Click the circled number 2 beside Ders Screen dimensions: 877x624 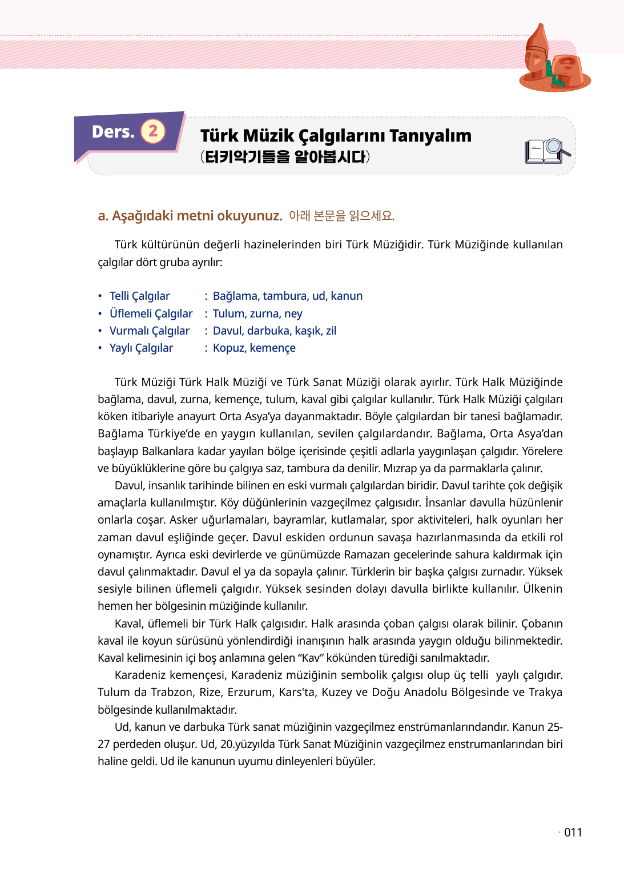point(153,131)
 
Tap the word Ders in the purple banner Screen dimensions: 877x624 point(112,132)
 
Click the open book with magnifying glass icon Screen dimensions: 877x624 point(547,151)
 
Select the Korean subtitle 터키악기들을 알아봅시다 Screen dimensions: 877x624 point(285,156)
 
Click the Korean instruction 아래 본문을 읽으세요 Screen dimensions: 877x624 point(341,216)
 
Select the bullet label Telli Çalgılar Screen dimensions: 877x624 point(139,296)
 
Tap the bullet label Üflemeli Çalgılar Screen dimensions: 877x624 point(151,313)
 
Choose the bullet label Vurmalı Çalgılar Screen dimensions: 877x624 point(149,331)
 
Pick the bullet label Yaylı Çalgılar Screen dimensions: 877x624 point(141,348)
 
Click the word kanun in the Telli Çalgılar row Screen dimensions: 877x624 point(347,296)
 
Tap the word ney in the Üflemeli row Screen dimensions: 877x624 point(293,313)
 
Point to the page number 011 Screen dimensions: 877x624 point(573,832)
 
